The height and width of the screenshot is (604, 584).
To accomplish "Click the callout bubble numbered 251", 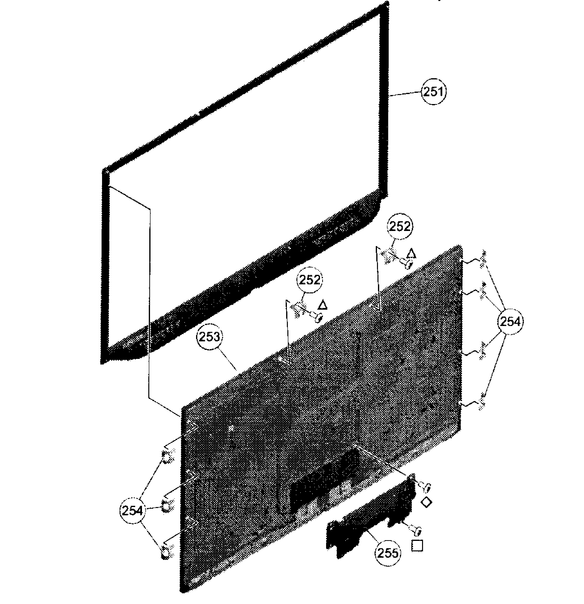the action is coord(434,92).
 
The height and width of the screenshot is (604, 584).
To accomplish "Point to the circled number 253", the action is coord(209,337).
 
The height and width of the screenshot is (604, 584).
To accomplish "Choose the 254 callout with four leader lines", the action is coord(510,322).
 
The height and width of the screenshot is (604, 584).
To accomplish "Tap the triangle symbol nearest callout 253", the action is coord(322,305).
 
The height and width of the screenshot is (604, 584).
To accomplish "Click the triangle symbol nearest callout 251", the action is coord(411,254).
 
